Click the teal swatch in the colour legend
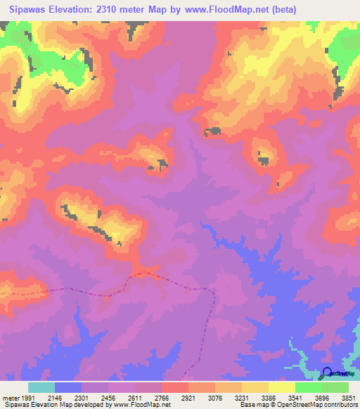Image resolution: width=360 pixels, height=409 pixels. click(41, 387)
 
